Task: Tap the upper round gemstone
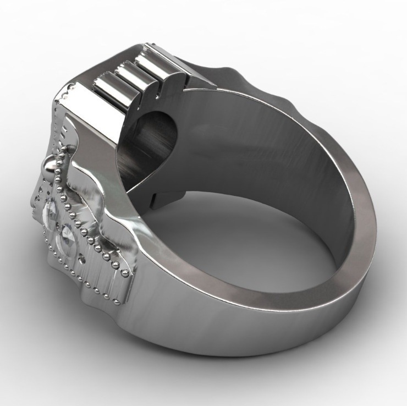[51, 212]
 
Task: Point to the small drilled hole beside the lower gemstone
[82, 259]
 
